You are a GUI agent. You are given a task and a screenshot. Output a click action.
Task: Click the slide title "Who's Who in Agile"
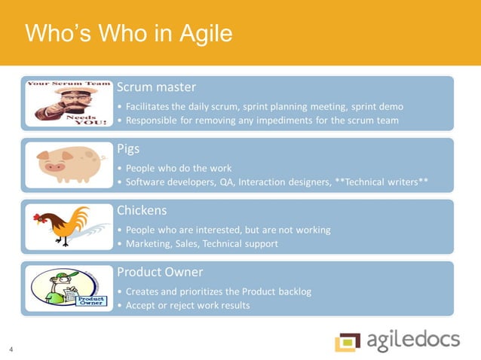[x=128, y=35]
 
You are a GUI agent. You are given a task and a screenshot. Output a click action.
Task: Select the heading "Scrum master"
[x=156, y=87]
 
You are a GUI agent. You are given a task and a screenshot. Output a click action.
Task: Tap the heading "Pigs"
[x=128, y=149]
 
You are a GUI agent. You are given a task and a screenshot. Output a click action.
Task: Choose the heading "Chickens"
[x=142, y=210]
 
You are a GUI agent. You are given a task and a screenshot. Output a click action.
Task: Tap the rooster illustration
[x=63, y=225]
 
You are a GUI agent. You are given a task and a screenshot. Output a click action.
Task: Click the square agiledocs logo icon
[x=348, y=341]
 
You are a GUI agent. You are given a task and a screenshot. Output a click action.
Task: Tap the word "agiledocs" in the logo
[x=414, y=340]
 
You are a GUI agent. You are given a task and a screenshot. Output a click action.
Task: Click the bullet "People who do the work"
[x=179, y=167]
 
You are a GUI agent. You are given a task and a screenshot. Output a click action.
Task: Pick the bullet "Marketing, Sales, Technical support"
[x=203, y=243]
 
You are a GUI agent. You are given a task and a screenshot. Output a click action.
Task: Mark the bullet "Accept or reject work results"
[x=187, y=304]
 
